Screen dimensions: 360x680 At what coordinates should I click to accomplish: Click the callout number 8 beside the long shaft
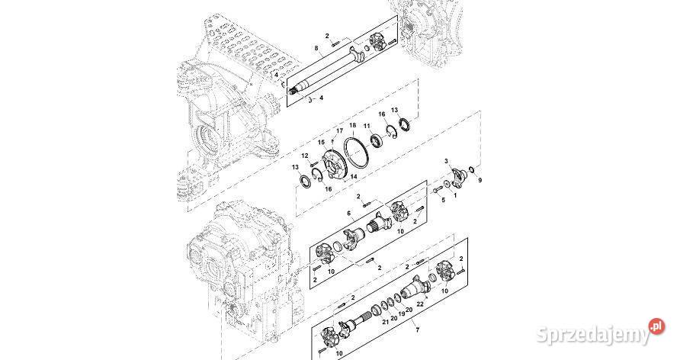pos(316,48)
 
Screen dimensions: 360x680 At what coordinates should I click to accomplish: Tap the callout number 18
pos(353,124)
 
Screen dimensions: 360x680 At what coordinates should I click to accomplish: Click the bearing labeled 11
pos(376,141)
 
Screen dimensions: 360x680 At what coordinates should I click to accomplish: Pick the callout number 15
pos(322,142)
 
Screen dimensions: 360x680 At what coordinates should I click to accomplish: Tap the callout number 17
pos(330,131)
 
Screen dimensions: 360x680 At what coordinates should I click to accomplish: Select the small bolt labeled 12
pos(313,165)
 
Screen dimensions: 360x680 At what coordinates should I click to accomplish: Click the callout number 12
pos(305,156)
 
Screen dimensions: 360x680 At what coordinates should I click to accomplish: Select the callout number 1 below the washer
pos(456,195)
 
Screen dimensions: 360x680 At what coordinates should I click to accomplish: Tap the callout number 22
pos(420,304)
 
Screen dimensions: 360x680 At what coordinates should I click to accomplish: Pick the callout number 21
pos(385,323)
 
